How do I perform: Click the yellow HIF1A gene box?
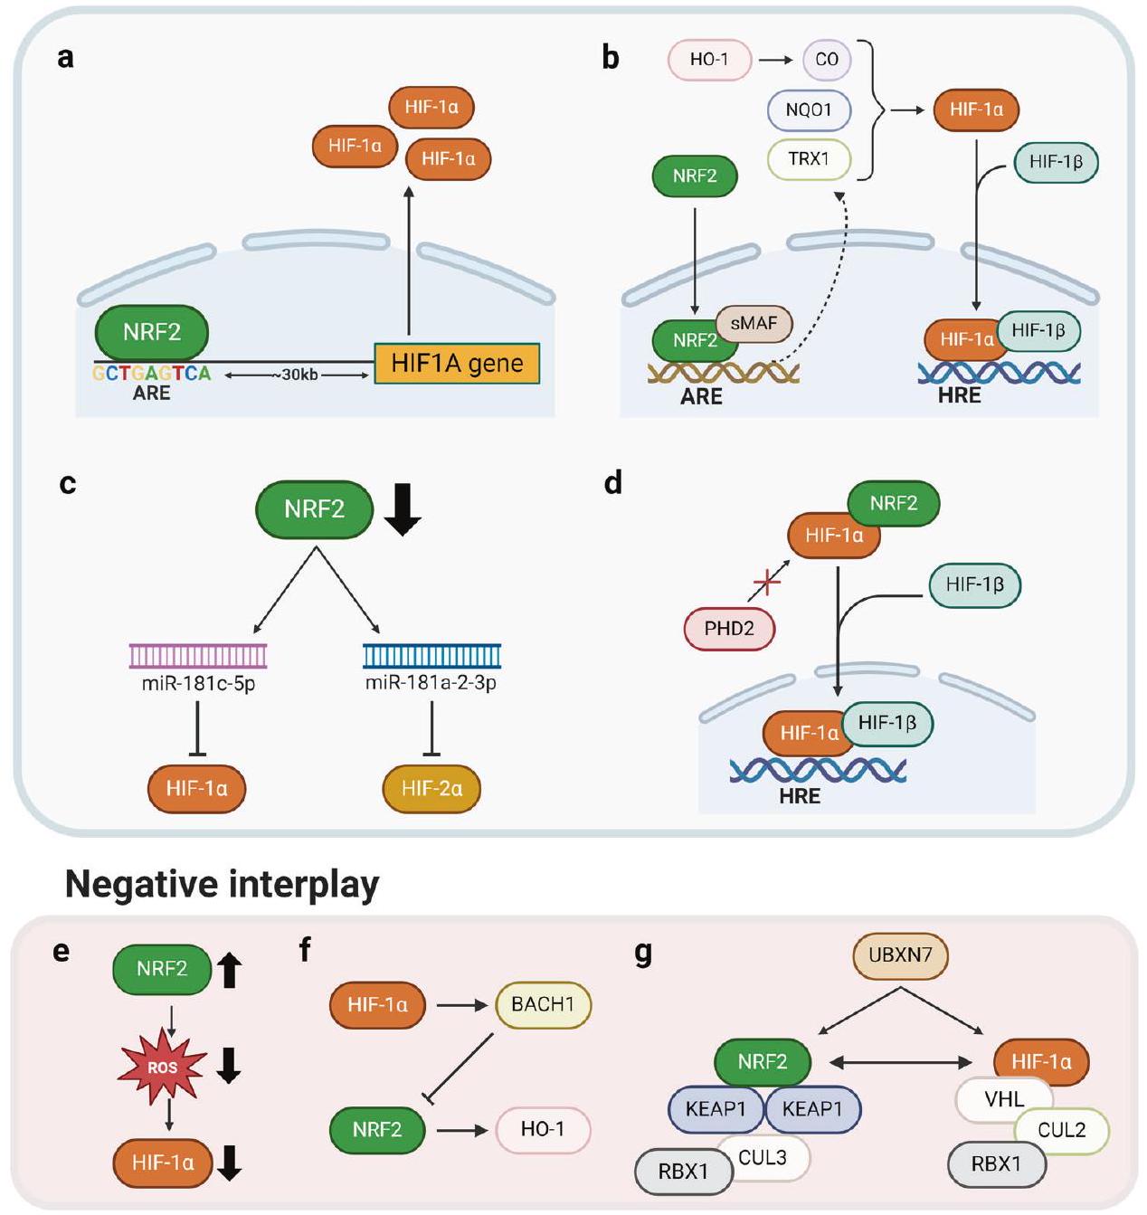[457, 364]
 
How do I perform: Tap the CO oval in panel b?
[827, 60]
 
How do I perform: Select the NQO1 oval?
[809, 109]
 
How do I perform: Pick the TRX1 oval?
[809, 159]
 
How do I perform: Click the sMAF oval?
[754, 323]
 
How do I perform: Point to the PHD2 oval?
[729, 628]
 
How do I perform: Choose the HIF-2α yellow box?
[431, 788]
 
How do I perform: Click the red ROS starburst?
[163, 1068]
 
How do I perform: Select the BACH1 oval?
[543, 1004]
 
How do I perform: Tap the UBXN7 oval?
[900, 955]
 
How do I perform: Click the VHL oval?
[1004, 1099]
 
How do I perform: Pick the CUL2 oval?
[1062, 1130]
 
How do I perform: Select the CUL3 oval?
[763, 1157]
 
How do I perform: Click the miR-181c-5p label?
[198, 683]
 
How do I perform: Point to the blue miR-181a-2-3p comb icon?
[431, 656]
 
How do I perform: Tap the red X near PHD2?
[767, 582]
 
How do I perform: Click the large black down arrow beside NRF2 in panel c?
[403, 509]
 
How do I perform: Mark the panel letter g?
[643, 954]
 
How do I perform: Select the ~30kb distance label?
[299, 375]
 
